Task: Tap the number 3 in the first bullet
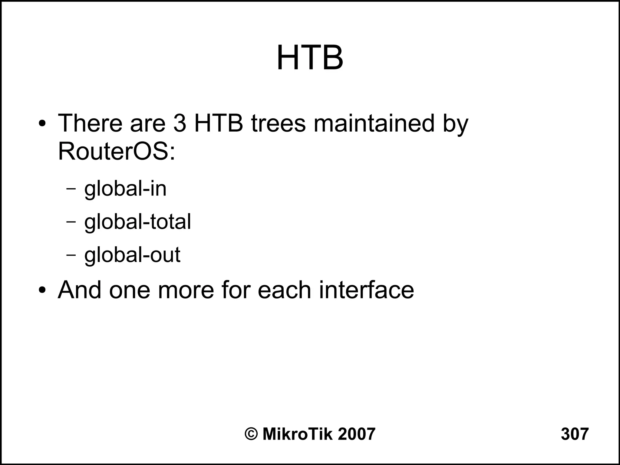[x=180, y=123]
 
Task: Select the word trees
[x=279, y=123]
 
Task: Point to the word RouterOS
[x=117, y=151]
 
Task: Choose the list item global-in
[x=125, y=189]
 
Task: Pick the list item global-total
[x=137, y=222]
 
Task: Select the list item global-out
[x=132, y=255]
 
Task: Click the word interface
[x=366, y=290]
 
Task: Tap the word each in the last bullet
[x=284, y=290]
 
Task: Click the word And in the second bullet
[x=80, y=290]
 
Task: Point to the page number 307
[x=575, y=434]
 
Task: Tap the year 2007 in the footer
[x=356, y=434]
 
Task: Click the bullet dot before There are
[x=42, y=124]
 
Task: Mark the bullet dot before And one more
[x=42, y=290]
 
